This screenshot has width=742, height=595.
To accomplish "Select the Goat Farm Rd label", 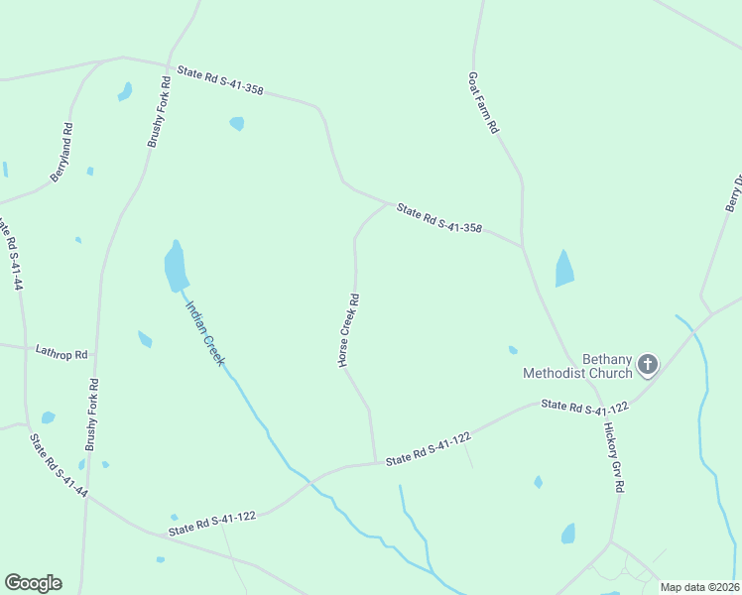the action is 483,103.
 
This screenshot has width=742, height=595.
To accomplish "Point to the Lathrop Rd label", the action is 62,352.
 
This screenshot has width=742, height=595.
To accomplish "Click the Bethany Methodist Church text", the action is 579,366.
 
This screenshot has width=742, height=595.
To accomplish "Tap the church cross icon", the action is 647,366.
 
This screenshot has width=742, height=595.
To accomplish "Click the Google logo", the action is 33,582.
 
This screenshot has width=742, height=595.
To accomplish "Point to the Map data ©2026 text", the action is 699,587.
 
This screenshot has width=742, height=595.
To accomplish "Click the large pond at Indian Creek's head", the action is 176,267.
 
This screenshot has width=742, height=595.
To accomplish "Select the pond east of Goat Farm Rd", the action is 564,269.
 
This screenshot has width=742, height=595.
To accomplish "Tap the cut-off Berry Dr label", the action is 733,194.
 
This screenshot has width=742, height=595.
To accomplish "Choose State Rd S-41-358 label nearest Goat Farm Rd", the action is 438,219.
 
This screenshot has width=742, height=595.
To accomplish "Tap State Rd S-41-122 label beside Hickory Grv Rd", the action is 585,408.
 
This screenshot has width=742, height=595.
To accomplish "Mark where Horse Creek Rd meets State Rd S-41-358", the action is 386,202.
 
